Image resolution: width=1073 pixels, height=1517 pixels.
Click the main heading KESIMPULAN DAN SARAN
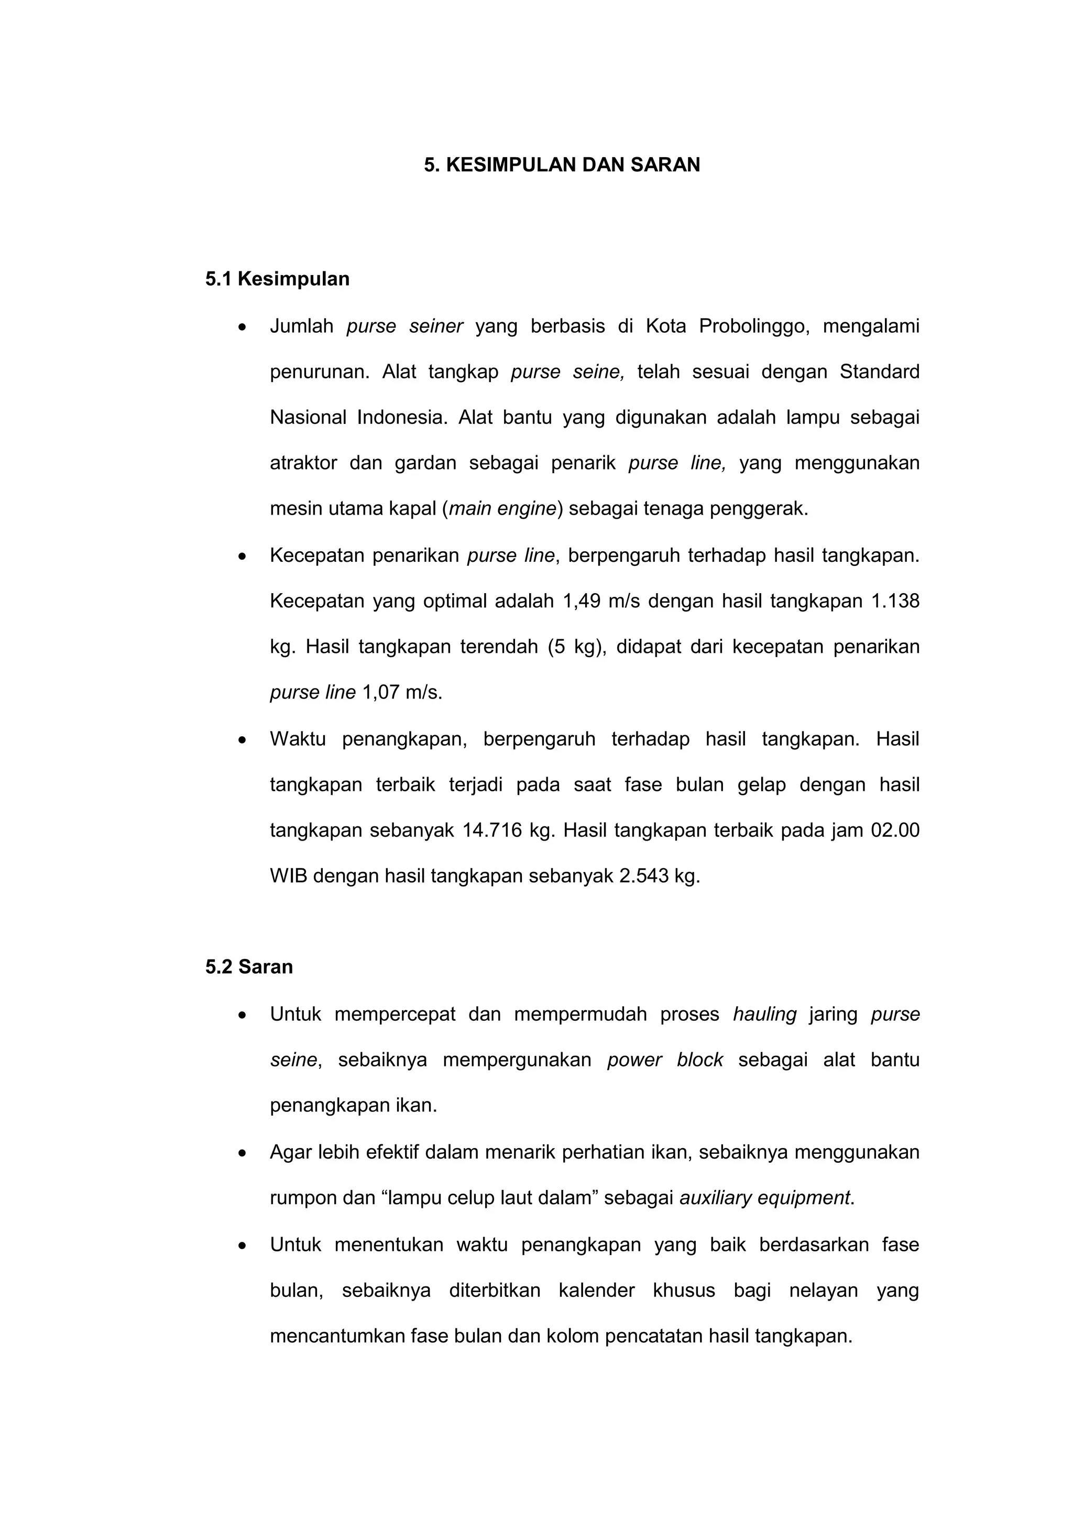[562, 165]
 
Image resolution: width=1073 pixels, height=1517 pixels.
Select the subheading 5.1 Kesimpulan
[278, 279]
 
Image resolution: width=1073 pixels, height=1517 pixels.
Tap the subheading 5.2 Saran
[249, 967]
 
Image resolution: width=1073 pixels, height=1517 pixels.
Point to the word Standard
[880, 372]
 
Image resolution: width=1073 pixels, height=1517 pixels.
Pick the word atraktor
[303, 463]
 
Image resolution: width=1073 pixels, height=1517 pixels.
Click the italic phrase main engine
[503, 509]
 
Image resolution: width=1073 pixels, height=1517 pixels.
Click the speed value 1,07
[380, 692]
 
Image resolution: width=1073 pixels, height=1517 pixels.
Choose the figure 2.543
[644, 876]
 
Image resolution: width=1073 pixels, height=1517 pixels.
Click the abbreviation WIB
[288, 876]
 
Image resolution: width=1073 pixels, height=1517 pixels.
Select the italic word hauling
[764, 1014]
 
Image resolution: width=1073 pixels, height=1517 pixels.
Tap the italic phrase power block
[665, 1060]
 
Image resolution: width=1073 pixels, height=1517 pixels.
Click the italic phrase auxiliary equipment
[764, 1198]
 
